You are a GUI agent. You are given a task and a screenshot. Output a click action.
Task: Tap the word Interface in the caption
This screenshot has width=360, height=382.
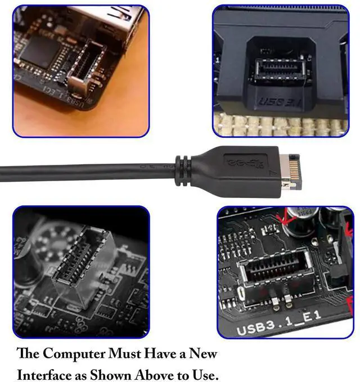(45, 374)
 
